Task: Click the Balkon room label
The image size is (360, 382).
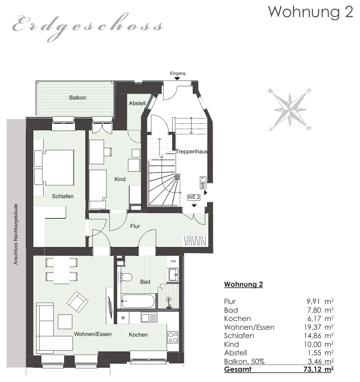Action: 78,97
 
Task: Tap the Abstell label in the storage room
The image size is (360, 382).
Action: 137,103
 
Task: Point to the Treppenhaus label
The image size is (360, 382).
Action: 192,151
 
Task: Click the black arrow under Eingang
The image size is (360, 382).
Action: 177,78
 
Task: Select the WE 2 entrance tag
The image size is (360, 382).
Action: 194,197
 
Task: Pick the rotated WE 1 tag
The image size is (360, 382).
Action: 203,183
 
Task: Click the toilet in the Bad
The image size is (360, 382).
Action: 126,277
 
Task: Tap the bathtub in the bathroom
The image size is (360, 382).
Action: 138,301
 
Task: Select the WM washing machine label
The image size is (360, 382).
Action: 173,261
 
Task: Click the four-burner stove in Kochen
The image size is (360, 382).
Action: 173,338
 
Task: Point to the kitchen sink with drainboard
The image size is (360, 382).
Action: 149,317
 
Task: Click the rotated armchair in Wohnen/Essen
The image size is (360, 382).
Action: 78,302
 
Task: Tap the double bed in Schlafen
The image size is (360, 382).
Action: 58,168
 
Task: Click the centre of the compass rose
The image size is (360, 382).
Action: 290,110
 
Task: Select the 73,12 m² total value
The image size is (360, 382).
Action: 319,369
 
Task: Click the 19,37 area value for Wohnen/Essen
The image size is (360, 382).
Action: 313,327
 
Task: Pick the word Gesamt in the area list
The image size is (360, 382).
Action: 238,369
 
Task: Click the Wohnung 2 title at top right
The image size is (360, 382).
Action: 310,12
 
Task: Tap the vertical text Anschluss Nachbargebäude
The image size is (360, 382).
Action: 16,234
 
